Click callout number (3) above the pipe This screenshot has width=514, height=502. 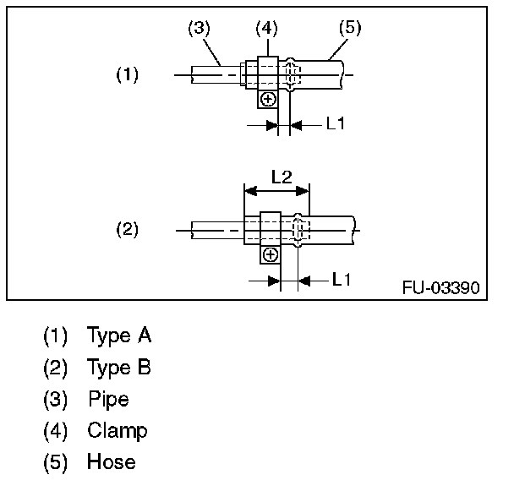tap(198, 28)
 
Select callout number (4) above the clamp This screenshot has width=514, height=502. tap(266, 28)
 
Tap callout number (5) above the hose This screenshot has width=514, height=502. tap(349, 28)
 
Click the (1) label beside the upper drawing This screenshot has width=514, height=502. tap(127, 74)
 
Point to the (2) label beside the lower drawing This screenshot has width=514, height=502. tap(127, 229)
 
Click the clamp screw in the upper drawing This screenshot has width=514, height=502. tap(268, 100)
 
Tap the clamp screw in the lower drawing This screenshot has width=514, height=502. tap(271, 254)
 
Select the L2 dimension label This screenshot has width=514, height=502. tap(282, 177)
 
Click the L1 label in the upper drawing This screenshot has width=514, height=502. tap(336, 123)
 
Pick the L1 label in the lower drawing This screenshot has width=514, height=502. tap(342, 279)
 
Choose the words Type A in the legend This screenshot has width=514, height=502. tap(119, 336)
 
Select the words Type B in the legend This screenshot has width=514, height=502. tap(119, 368)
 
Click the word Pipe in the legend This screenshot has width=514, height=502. tap(108, 399)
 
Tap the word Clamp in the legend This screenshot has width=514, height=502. tap(118, 431)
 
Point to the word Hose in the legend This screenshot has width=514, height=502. tap(111, 462)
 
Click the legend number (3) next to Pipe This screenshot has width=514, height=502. tap(55, 399)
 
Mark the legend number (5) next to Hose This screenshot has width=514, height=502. tap(55, 462)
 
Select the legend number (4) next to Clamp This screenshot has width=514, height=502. tap(55, 431)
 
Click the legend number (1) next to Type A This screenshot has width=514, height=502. tap(55, 336)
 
